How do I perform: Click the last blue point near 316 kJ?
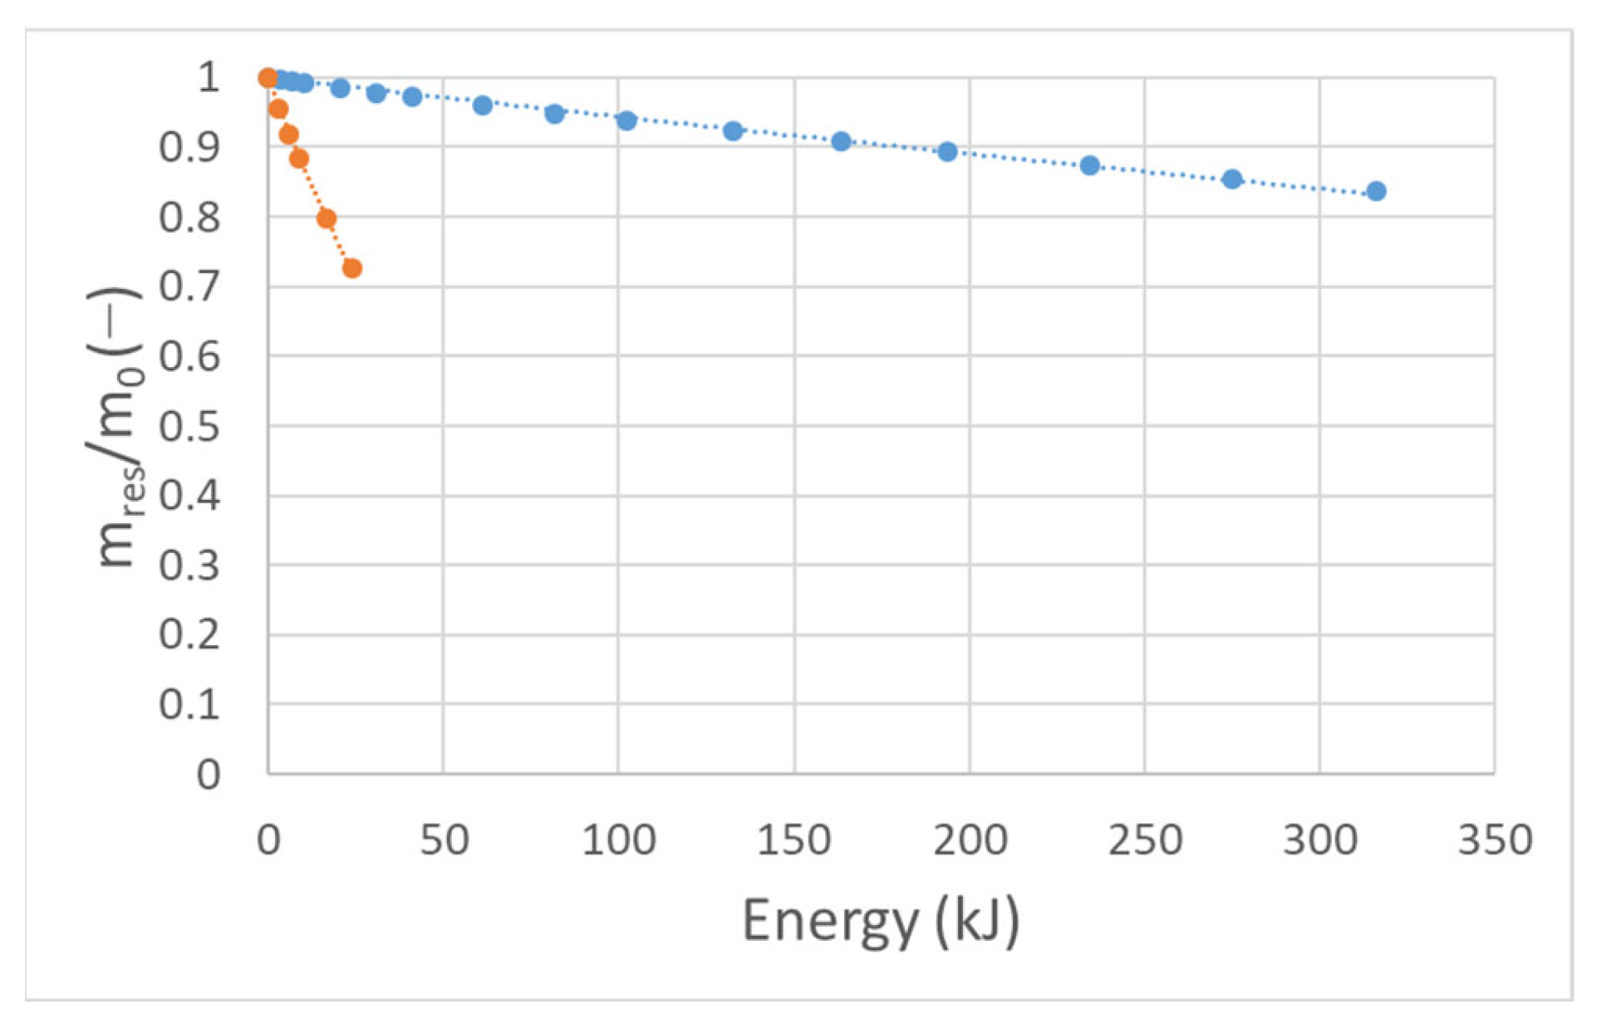coord(1376,191)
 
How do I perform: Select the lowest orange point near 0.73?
coord(351,268)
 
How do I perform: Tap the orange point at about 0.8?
coord(327,218)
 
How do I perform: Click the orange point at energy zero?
coord(268,78)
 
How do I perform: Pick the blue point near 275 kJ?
coord(1232,179)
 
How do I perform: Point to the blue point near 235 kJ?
coord(1090,165)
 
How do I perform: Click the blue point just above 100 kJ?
coord(626,120)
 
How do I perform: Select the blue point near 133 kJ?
coord(733,130)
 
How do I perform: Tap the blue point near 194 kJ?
coord(947,151)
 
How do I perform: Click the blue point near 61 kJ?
coord(483,105)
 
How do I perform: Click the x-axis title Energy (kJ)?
coord(880,921)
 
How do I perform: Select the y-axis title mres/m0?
coord(116,427)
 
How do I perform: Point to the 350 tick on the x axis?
coord(1495,840)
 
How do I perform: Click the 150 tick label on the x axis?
coord(793,840)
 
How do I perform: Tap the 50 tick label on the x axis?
coord(444,840)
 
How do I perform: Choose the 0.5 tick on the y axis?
coord(189,427)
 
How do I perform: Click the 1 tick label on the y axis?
coord(208,77)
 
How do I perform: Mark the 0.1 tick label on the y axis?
coord(189,705)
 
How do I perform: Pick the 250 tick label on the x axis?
coord(1144,840)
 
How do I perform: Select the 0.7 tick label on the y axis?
coord(189,287)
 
